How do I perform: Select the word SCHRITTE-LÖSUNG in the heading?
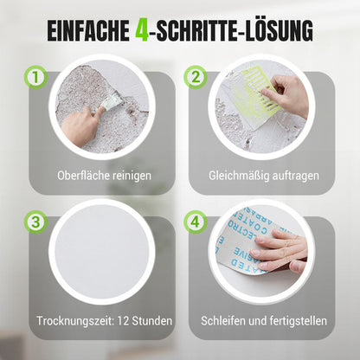click(233, 33)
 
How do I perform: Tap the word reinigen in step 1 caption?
click(130, 175)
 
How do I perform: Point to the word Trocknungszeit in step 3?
click(77, 321)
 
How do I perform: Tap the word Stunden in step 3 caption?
click(153, 321)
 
